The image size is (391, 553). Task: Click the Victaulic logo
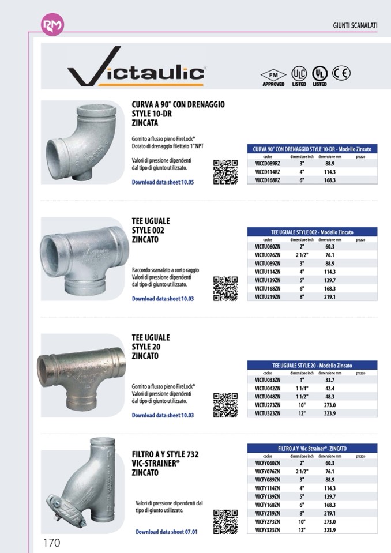[136, 74]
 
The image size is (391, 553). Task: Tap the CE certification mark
[341, 73]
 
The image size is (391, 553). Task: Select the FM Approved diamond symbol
[273, 75]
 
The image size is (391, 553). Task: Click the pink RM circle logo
[52, 25]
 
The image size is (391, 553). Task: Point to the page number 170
[51, 542]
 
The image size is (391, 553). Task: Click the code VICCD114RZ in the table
[267, 172]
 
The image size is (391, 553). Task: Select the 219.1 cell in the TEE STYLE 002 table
[330, 297]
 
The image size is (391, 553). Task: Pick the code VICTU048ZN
[267, 397]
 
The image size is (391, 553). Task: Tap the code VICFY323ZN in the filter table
[267, 530]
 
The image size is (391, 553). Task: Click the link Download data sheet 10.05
[163, 182]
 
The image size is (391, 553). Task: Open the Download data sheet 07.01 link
[166, 532]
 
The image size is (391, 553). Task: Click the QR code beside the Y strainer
[225, 522]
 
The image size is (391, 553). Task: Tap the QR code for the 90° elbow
[225, 172]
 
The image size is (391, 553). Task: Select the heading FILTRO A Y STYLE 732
[165, 454]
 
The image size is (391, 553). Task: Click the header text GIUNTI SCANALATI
[355, 25]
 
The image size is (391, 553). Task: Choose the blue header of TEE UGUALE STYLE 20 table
[312, 366]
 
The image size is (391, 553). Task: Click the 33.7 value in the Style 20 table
[330, 380]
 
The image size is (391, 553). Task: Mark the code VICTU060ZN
[267, 247]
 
